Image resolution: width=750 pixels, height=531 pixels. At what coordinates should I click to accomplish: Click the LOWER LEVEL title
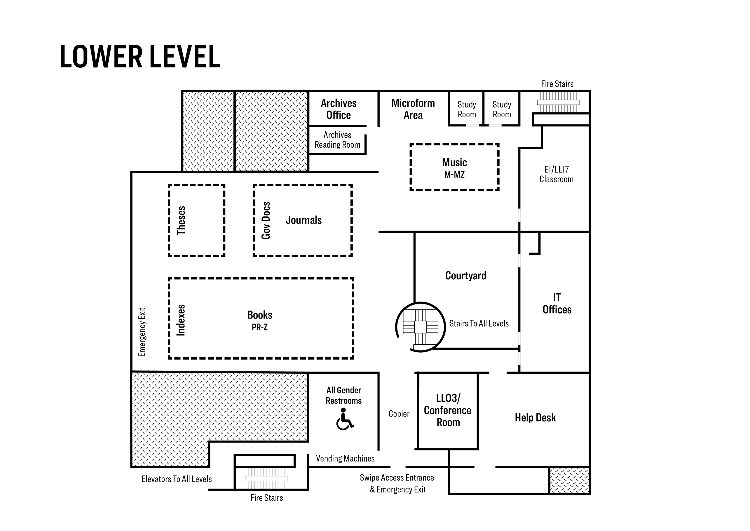coord(140,57)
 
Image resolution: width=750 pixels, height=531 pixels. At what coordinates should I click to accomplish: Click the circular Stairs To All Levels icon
coord(420,327)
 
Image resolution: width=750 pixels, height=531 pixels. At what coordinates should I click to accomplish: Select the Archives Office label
coord(339,109)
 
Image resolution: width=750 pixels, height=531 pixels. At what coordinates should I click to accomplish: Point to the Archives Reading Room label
coord(337,140)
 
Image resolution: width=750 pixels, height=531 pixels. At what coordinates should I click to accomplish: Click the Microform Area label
coord(413,109)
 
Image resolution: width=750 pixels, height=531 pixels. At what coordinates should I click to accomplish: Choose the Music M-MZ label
coord(454,168)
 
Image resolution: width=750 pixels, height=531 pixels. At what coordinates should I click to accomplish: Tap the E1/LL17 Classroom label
coord(556,174)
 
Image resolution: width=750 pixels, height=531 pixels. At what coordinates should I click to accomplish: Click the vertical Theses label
coord(181,220)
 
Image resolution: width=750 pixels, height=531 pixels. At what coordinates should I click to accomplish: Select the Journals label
coord(304,220)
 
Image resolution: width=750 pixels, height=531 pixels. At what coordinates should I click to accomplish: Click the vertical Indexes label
coord(181,320)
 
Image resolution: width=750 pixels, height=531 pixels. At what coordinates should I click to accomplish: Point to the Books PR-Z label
coord(260,320)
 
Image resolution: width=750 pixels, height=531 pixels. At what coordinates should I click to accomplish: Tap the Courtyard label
coord(466,276)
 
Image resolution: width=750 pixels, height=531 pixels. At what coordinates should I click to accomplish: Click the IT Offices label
coord(557,303)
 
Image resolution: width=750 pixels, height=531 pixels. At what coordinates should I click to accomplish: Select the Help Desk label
coord(535,417)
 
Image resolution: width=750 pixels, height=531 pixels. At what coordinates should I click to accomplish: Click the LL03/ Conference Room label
coord(448,410)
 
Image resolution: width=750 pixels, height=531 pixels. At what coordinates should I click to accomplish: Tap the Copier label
coord(399,414)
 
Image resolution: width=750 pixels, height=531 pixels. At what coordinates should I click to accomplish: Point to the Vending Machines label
coord(345,458)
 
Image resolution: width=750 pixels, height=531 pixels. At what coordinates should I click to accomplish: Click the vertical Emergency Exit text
coord(142,332)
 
